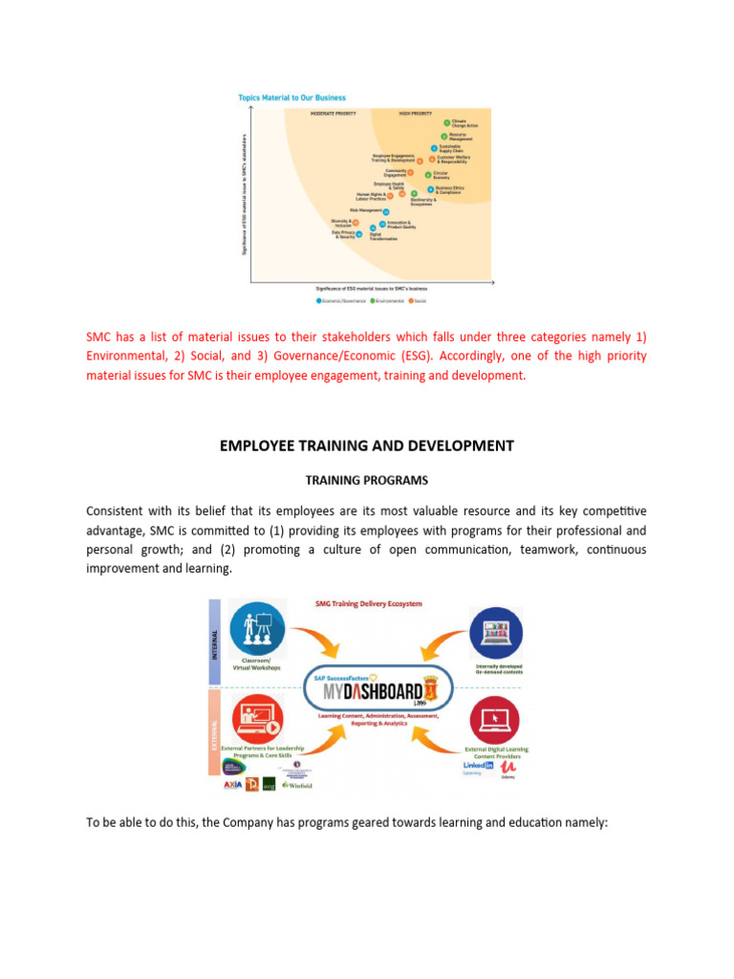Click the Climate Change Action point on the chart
(x=446, y=123)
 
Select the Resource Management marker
(x=443, y=137)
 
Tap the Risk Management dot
(x=385, y=210)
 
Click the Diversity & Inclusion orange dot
(x=356, y=223)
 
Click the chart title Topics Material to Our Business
(x=291, y=98)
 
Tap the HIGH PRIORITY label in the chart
(x=417, y=113)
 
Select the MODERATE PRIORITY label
(x=335, y=113)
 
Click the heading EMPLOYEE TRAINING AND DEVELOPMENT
(x=367, y=446)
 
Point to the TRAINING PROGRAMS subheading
(x=367, y=480)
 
